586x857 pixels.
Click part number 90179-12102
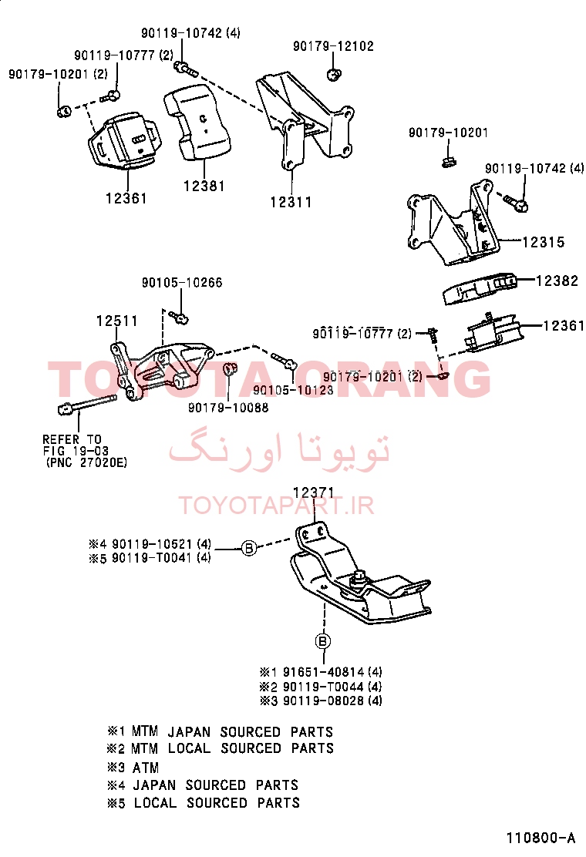[x=333, y=46]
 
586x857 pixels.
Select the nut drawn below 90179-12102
[x=333, y=74]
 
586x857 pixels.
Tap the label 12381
[x=204, y=186]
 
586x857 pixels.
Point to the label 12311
[x=291, y=202]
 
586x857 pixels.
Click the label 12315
[x=544, y=241]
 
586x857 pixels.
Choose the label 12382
[x=557, y=281]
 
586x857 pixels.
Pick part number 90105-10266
[x=182, y=283]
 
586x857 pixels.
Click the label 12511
[x=117, y=321]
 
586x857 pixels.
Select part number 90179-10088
[x=228, y=407]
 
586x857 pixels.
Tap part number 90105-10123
[x=293, y=390]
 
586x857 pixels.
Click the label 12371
[x=314, y=492]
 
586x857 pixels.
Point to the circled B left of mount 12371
[x=249, y=547]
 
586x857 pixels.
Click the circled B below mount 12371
[x=323, y=641]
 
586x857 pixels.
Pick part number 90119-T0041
[x=152, y=558]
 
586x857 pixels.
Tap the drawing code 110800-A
[x=541, y=838]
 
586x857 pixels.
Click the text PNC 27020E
[x=87, y=462]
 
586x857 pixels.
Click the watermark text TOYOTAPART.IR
[x=277, y=506]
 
